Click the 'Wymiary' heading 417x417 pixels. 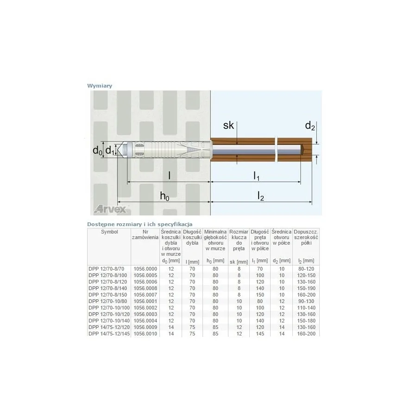point(100,86)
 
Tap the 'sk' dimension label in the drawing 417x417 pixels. point(228,125)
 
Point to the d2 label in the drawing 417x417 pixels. point(310,126)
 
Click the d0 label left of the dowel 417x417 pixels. point(97,151)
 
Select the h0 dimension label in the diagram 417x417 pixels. point(164,196)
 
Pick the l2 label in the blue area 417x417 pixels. point(260,196)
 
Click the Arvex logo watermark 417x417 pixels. point(110,209)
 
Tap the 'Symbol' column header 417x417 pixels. point(109,232)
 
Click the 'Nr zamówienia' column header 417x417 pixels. point(145,234)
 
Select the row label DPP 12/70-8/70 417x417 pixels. point(107,269)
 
